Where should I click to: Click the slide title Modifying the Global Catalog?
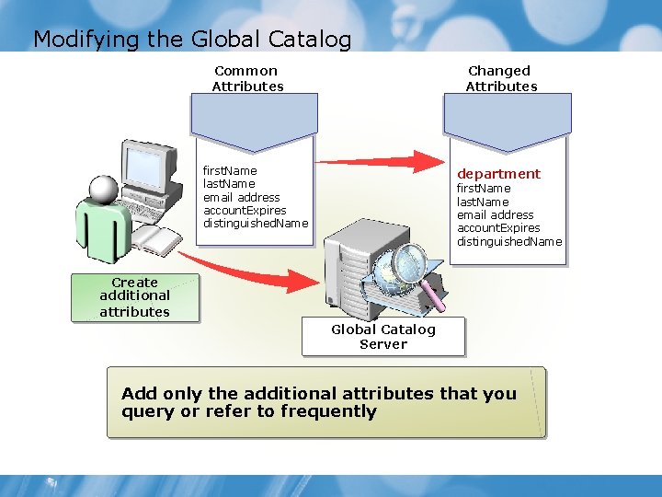tap(192, 40)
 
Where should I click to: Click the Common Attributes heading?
tap(247, 78)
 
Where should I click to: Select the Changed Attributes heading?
tap(501, 78)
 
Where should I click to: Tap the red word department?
tap(499, 174)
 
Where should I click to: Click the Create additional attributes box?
tap(134, 297)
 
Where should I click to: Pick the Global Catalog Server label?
tap(383, 337)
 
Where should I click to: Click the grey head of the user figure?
tap(103, 189)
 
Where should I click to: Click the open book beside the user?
tap(157, 242)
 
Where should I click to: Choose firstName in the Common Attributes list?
tap(230, 171)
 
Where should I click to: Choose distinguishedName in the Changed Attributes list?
tap(509, 242)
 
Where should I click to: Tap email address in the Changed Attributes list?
tap(495, 215)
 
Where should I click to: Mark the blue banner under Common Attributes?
tap(254, 120)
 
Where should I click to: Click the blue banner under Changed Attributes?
tap(508, 120)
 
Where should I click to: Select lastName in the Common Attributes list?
tap(229, 184)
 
